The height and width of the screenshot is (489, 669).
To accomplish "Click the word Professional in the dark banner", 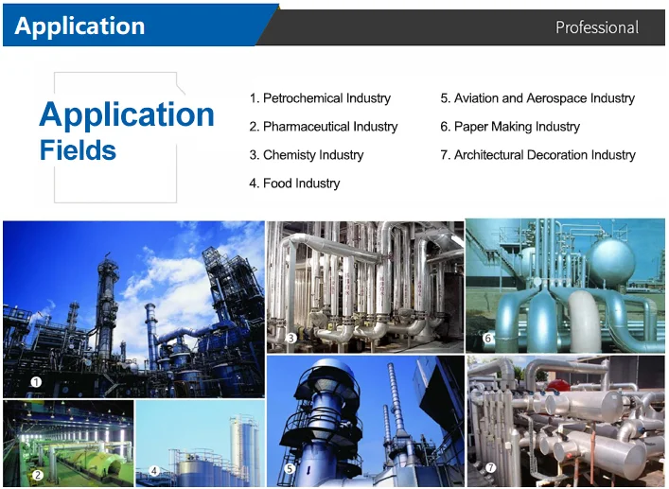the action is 597,27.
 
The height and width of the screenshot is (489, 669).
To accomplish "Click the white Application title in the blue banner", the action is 79,26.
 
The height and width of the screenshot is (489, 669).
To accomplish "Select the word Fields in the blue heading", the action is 78,150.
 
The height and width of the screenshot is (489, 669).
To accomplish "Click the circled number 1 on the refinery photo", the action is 36,382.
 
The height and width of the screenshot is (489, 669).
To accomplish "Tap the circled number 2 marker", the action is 38,475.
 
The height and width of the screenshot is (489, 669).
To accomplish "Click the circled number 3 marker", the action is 291,338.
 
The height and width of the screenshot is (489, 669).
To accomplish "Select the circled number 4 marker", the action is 154,471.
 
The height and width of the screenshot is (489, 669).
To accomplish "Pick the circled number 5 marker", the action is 290,469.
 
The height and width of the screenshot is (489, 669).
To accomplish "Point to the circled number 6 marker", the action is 487,338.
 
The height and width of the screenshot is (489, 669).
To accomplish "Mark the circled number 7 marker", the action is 491,467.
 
